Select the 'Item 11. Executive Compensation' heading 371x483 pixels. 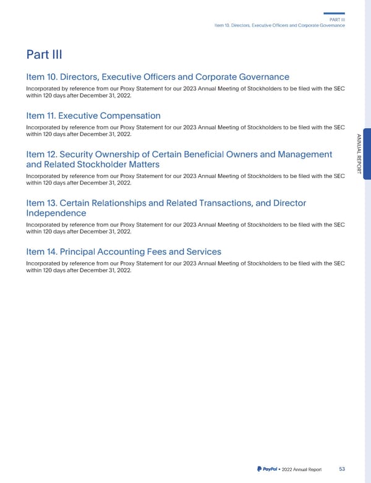pyautogui.click(x=93, y=116)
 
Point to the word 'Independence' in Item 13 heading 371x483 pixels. pyautogui.click(x=56, y=213)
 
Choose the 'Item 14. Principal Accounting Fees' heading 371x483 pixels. pyautogui.click(x=124, y=252)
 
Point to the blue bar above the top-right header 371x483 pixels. pyautogui.click(x=334, y=14)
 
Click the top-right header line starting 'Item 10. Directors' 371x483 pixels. pyautogui.click(x=279, y=25)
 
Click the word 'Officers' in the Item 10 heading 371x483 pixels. pyautogui.click(x=168, y=77)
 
